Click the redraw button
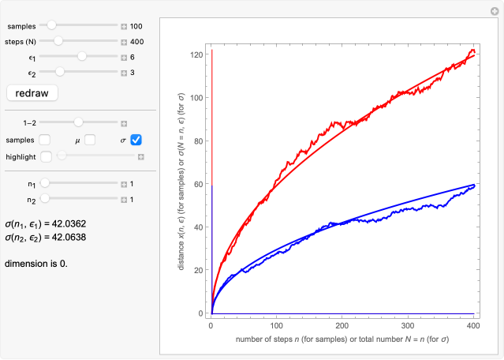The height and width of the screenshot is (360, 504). click(32, 93)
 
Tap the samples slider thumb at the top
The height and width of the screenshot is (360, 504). click(52, 26)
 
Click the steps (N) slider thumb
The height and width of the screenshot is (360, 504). click(58, 41)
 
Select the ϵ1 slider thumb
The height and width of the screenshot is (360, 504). click(82, 57)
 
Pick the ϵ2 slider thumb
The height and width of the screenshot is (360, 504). click(59, 73)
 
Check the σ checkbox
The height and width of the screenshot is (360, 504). click(136, 140)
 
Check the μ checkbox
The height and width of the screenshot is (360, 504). click(90, 140)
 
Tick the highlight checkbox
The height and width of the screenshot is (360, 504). click(46, 156)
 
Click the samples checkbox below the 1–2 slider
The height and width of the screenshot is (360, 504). click(45, 140)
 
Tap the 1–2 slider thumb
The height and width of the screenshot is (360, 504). click(79, 123)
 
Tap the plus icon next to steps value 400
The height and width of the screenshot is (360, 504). click(124, 42)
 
